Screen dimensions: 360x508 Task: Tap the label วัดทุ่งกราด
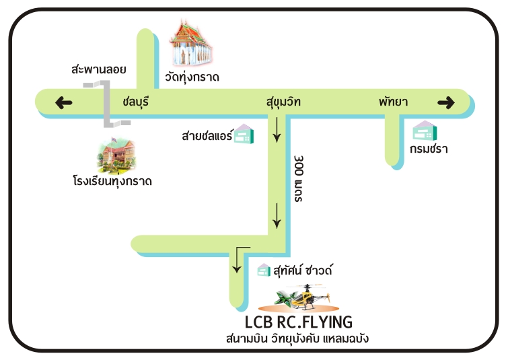tap(192, 76)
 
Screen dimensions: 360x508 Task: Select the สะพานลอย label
tap(98, 69)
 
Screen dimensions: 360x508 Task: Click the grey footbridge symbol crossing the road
tap(107, 103)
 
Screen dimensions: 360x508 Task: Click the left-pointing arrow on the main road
tap(64, 102)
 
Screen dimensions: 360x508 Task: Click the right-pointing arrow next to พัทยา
tap(446, 102)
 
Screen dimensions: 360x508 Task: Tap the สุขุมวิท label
tap(283, 102)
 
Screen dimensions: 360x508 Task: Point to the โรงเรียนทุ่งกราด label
tap(112, 181)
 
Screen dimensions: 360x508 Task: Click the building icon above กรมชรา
tap(425, 131)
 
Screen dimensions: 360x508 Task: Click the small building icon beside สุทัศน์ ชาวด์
tap(264, 271)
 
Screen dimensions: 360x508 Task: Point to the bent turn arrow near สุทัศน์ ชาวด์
tap(238, 259)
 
